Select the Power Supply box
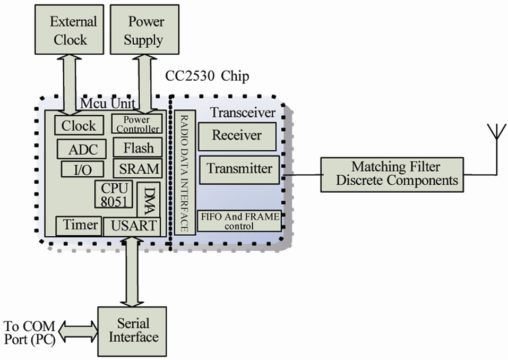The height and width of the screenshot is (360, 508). [x=144, y=31]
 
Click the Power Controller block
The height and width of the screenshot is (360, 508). [x=137, y=124]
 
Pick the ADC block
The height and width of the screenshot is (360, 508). [x=83, y=149]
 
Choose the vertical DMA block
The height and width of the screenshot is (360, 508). [x=149, y=200]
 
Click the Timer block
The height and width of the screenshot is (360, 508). [x=79, y=225]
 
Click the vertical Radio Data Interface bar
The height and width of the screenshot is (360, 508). [x=183, y=173]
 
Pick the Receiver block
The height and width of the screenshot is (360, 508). [x=237, y=136]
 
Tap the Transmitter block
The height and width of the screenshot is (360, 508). [x=239, y=169]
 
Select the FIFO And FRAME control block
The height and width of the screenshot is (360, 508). [x=239, y=221]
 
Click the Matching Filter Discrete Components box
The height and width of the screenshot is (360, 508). [x=396, y=174]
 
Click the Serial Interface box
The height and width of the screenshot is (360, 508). [x=132, y=331]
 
